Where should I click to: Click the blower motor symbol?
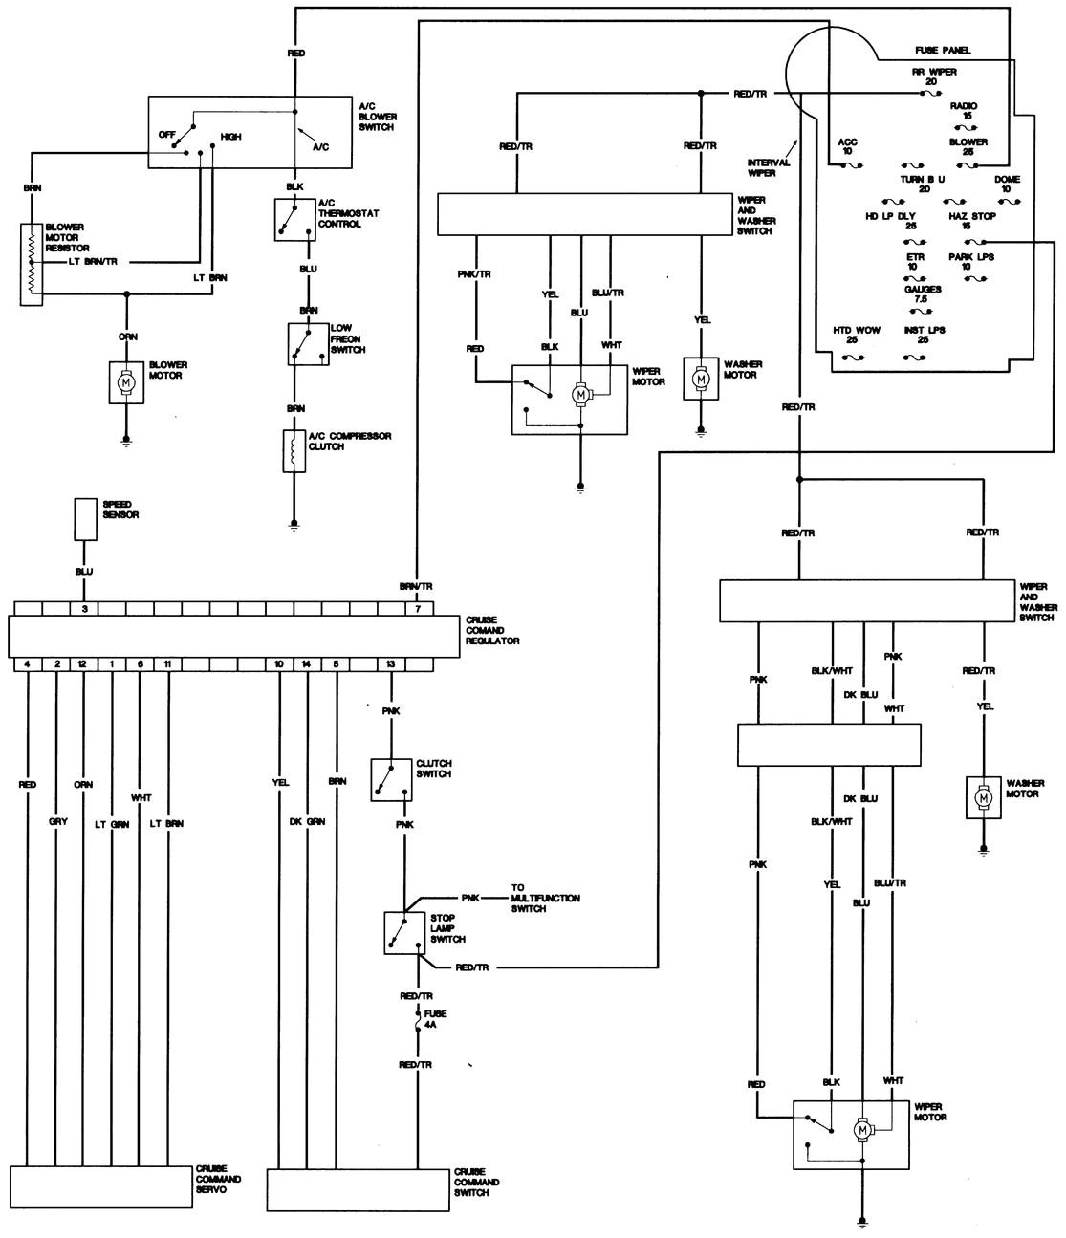(125, 380)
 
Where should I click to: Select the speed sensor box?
(86, 519)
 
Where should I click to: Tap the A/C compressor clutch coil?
(292, 450)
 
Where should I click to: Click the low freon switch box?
(301, 343)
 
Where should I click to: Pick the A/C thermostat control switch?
(292, 218)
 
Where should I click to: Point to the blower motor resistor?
(32, 265)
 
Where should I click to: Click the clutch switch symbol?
(392, 779)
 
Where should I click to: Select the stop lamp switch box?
(402, 932)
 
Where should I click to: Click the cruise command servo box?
(100, 1187)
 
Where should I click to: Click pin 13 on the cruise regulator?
(390, 663)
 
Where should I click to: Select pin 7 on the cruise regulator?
(417, 609)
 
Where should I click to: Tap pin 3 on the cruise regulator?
(85, 609)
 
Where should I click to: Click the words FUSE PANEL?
(941, 50)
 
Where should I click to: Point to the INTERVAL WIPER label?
(769, 168)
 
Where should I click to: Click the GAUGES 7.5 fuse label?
(923, 293)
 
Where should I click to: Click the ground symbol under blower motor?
(125, 441)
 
